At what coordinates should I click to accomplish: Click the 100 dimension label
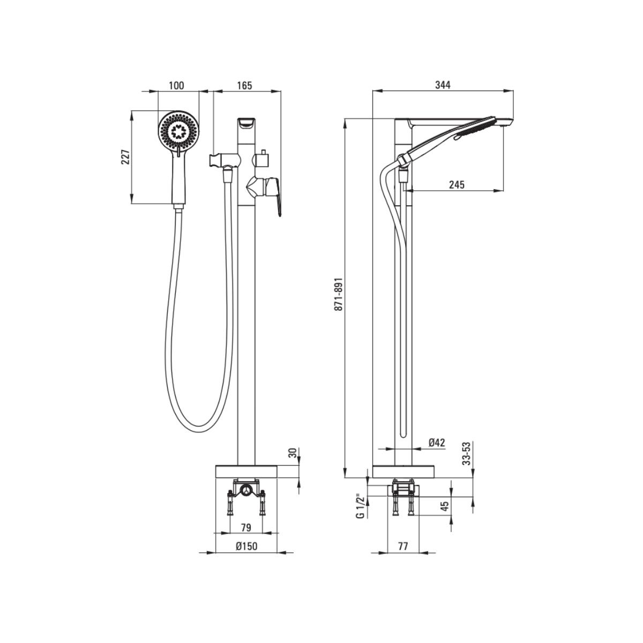point(176,85)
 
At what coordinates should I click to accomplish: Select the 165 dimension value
point(244,85)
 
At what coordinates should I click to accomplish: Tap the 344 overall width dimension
point(443,85)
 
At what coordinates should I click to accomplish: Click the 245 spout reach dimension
point(457,184)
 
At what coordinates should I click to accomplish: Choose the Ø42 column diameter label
point(437,443)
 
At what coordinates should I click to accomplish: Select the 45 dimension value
point(445,506)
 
